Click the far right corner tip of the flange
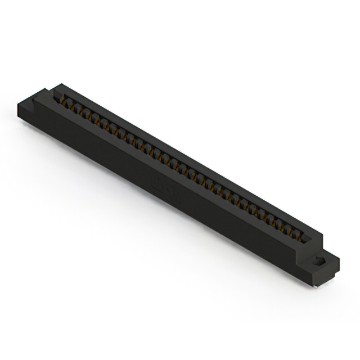pos(339,259)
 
